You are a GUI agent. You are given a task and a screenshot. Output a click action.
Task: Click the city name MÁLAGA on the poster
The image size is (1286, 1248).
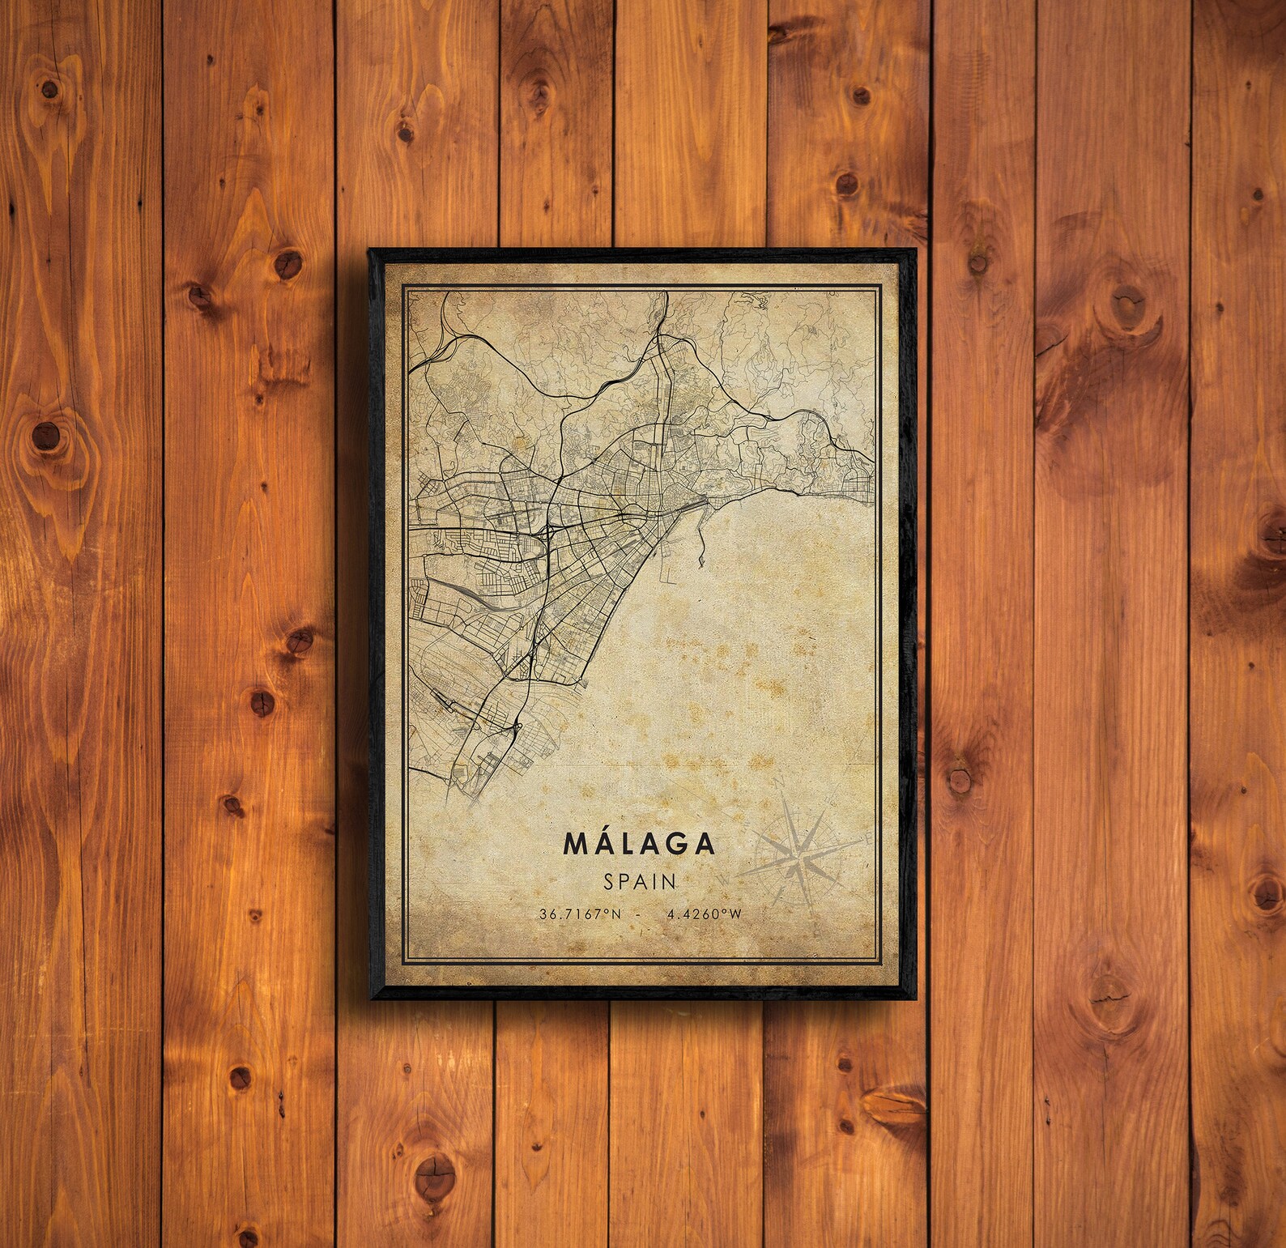tap(639, 844)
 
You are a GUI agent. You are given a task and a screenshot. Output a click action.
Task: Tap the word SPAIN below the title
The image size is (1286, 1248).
tap(640, 880)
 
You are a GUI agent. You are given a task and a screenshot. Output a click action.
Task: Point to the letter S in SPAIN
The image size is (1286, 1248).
tap(609, 880)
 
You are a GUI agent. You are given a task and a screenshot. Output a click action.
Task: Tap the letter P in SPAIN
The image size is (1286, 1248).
tap(624, 880)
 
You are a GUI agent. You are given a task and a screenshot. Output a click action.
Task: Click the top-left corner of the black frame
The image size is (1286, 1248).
tap(369, 250)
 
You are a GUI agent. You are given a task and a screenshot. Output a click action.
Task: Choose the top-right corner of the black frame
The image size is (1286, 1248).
tap(914, 250)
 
